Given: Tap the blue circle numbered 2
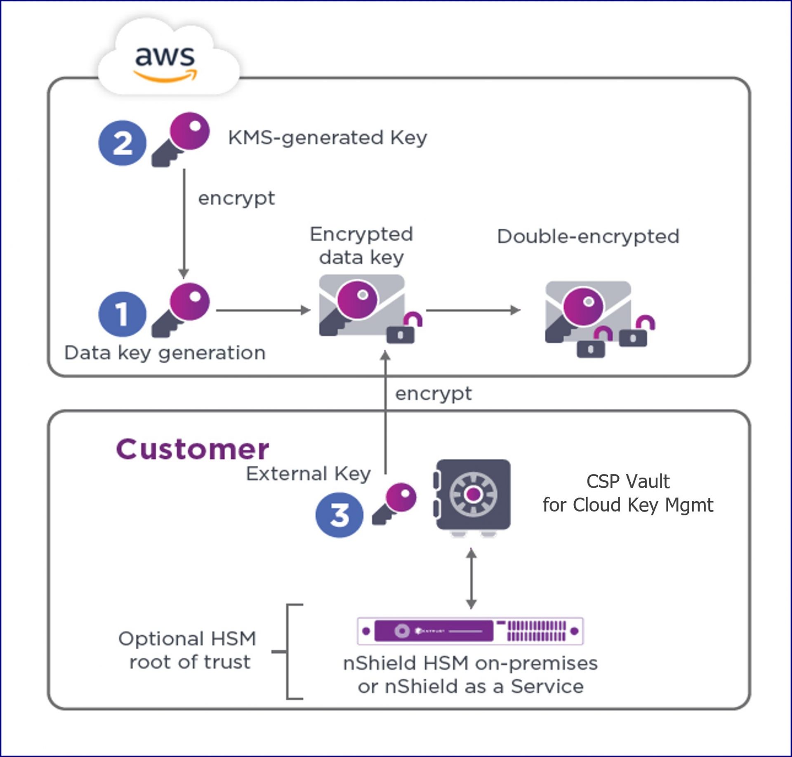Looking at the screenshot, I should point(122,143).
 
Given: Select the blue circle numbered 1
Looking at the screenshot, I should point(122,314).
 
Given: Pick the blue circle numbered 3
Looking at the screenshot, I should point(339,514).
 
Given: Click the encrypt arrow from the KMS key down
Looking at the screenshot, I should point(184,223).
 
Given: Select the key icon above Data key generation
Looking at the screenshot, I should point(181,309).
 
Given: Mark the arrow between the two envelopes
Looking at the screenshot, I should point(473,310).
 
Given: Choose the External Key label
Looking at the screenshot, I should point(308,474).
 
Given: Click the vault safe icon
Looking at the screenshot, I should point(473,495).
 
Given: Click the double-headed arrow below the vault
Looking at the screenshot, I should point(471,578).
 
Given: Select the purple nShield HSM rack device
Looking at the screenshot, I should point(470,631).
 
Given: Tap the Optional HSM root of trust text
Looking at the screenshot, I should point(188,650).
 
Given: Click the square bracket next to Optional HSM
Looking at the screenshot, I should point(289,651).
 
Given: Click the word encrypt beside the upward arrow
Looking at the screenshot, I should point(433,393).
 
